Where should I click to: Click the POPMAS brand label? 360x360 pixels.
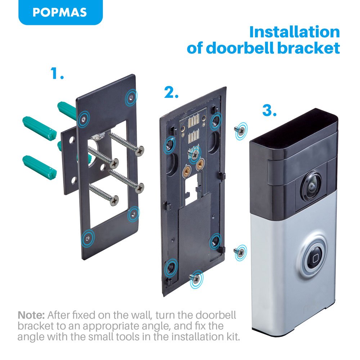[x=60, y=12]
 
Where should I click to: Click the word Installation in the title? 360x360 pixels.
[x=294, y=32]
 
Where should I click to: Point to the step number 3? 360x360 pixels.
[x=269, y=111]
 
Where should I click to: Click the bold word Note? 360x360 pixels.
[x=31, y=315]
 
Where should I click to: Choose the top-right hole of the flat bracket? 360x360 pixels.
[x=131, y=97]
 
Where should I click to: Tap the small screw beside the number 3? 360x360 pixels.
[x=239, y=130]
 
